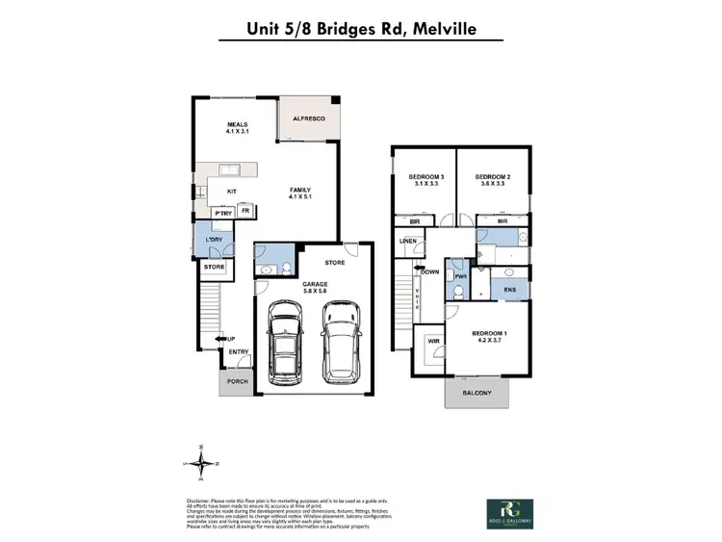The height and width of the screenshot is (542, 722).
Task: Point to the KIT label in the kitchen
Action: point(232,192)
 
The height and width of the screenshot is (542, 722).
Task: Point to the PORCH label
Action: point(237,381)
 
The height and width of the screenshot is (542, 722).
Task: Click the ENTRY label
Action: point(239,352)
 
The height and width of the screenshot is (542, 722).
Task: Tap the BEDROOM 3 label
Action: point(425,181)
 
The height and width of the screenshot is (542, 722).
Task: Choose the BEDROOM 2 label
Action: point(492,181)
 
